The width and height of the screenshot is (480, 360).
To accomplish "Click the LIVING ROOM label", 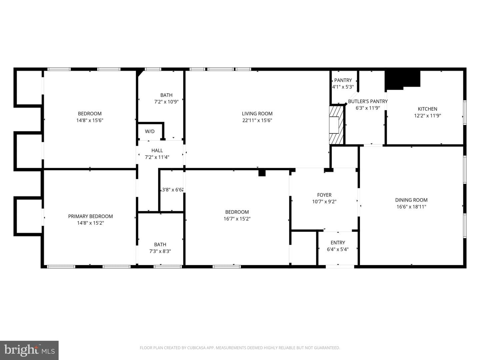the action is point(257,114).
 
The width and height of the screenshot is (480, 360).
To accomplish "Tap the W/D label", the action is point(150,131).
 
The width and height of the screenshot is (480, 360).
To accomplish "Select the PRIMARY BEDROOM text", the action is point(90,216).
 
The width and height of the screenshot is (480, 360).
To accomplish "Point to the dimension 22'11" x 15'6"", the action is point(257,120).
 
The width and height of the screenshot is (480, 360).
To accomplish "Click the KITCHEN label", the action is point(427,109).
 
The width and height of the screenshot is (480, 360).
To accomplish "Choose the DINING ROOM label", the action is point(411,200).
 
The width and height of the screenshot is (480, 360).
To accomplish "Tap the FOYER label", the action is point(324,195).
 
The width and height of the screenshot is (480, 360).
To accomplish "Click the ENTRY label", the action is point(338,243).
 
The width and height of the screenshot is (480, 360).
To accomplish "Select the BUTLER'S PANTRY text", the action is point(368,101).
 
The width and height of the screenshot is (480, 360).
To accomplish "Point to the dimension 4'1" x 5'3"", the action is point(343,87).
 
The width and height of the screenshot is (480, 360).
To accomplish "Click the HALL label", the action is point(157,151).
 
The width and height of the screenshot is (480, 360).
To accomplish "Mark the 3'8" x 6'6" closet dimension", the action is point(172,190).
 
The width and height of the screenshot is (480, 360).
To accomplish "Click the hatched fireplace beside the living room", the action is point(336,125).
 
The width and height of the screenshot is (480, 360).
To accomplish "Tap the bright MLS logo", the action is point(29,350).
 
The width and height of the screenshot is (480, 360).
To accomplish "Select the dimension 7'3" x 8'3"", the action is point(160,251).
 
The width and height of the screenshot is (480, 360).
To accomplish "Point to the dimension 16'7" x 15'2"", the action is point(237,219).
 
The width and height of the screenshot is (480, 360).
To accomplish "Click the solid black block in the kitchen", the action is point(402,80).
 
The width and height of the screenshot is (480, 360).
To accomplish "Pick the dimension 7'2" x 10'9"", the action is point(166,102).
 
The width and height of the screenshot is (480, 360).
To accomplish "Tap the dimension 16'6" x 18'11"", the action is point(411,207).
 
